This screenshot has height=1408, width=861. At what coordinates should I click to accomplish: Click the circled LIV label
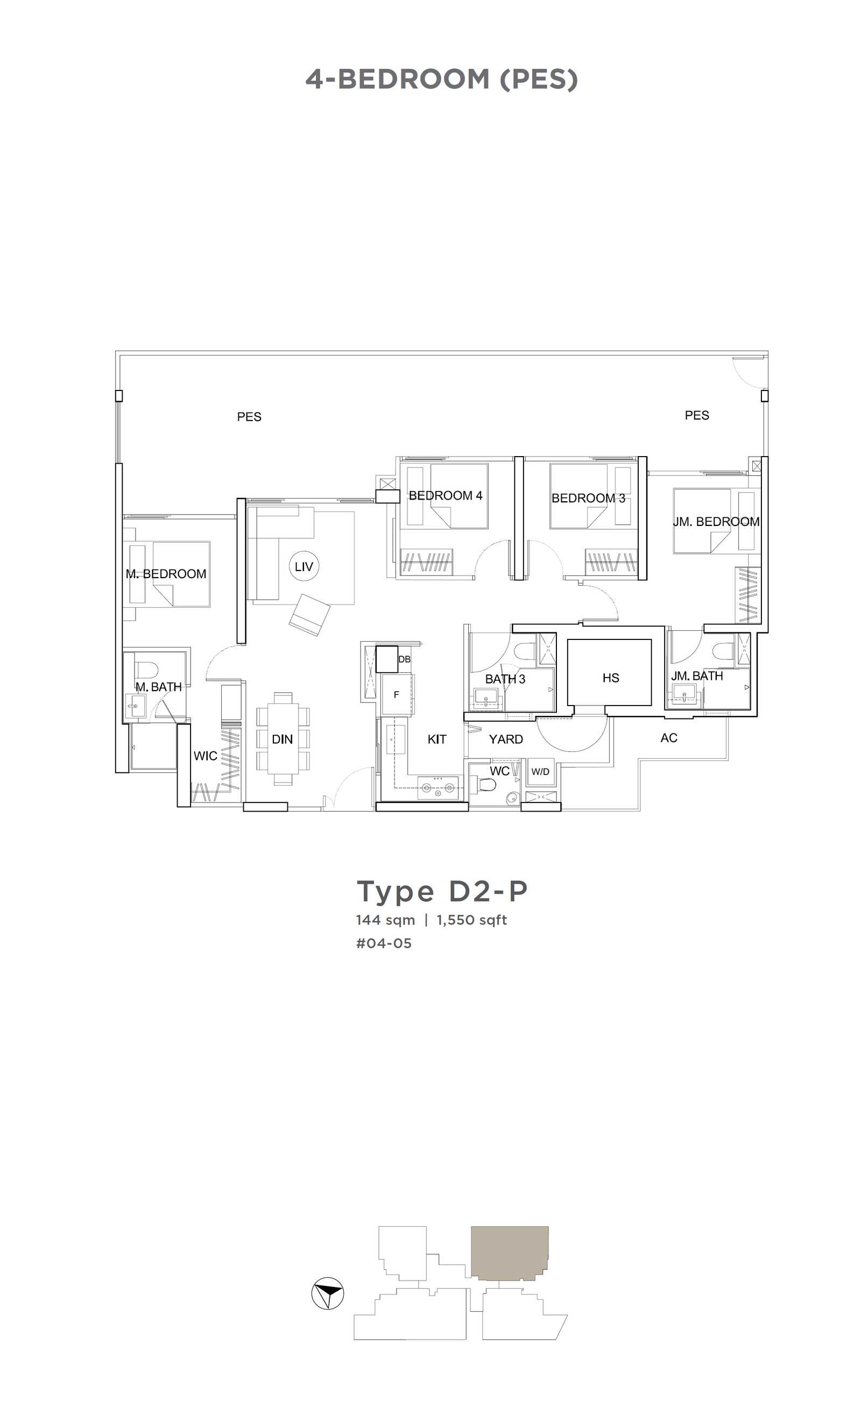[304, 566]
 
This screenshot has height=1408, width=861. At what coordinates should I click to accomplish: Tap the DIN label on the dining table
[282, 739]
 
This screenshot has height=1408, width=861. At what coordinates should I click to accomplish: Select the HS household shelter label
[611, 678]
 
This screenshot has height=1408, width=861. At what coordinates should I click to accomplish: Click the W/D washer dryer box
[540, 772]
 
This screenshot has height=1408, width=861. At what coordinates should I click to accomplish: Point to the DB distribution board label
[404, 659]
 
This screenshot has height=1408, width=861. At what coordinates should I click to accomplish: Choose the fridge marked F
[397, 695]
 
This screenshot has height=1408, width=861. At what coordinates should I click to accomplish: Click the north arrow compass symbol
[328, 1293]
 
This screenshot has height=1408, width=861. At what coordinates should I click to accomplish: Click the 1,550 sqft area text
[471, 920]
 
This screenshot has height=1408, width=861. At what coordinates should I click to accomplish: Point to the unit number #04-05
[384, 943]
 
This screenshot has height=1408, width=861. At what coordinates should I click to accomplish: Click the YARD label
[506, 739]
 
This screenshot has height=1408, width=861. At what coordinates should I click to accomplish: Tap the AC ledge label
[669, 738]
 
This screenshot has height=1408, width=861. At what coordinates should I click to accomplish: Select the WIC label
[205, 756]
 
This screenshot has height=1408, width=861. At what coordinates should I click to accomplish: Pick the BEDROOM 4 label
[446, 495]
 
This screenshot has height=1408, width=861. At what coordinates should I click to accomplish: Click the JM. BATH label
[697, 676]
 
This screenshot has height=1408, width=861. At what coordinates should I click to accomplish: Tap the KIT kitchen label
[437, 739]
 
